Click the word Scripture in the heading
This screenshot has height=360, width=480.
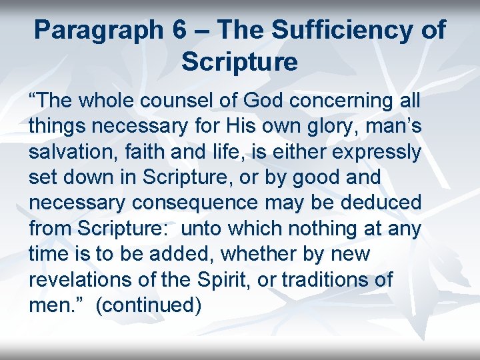pyautogui.click(x=239, y=62)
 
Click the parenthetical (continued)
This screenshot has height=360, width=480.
pyautogui.click(x=148, y=305)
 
